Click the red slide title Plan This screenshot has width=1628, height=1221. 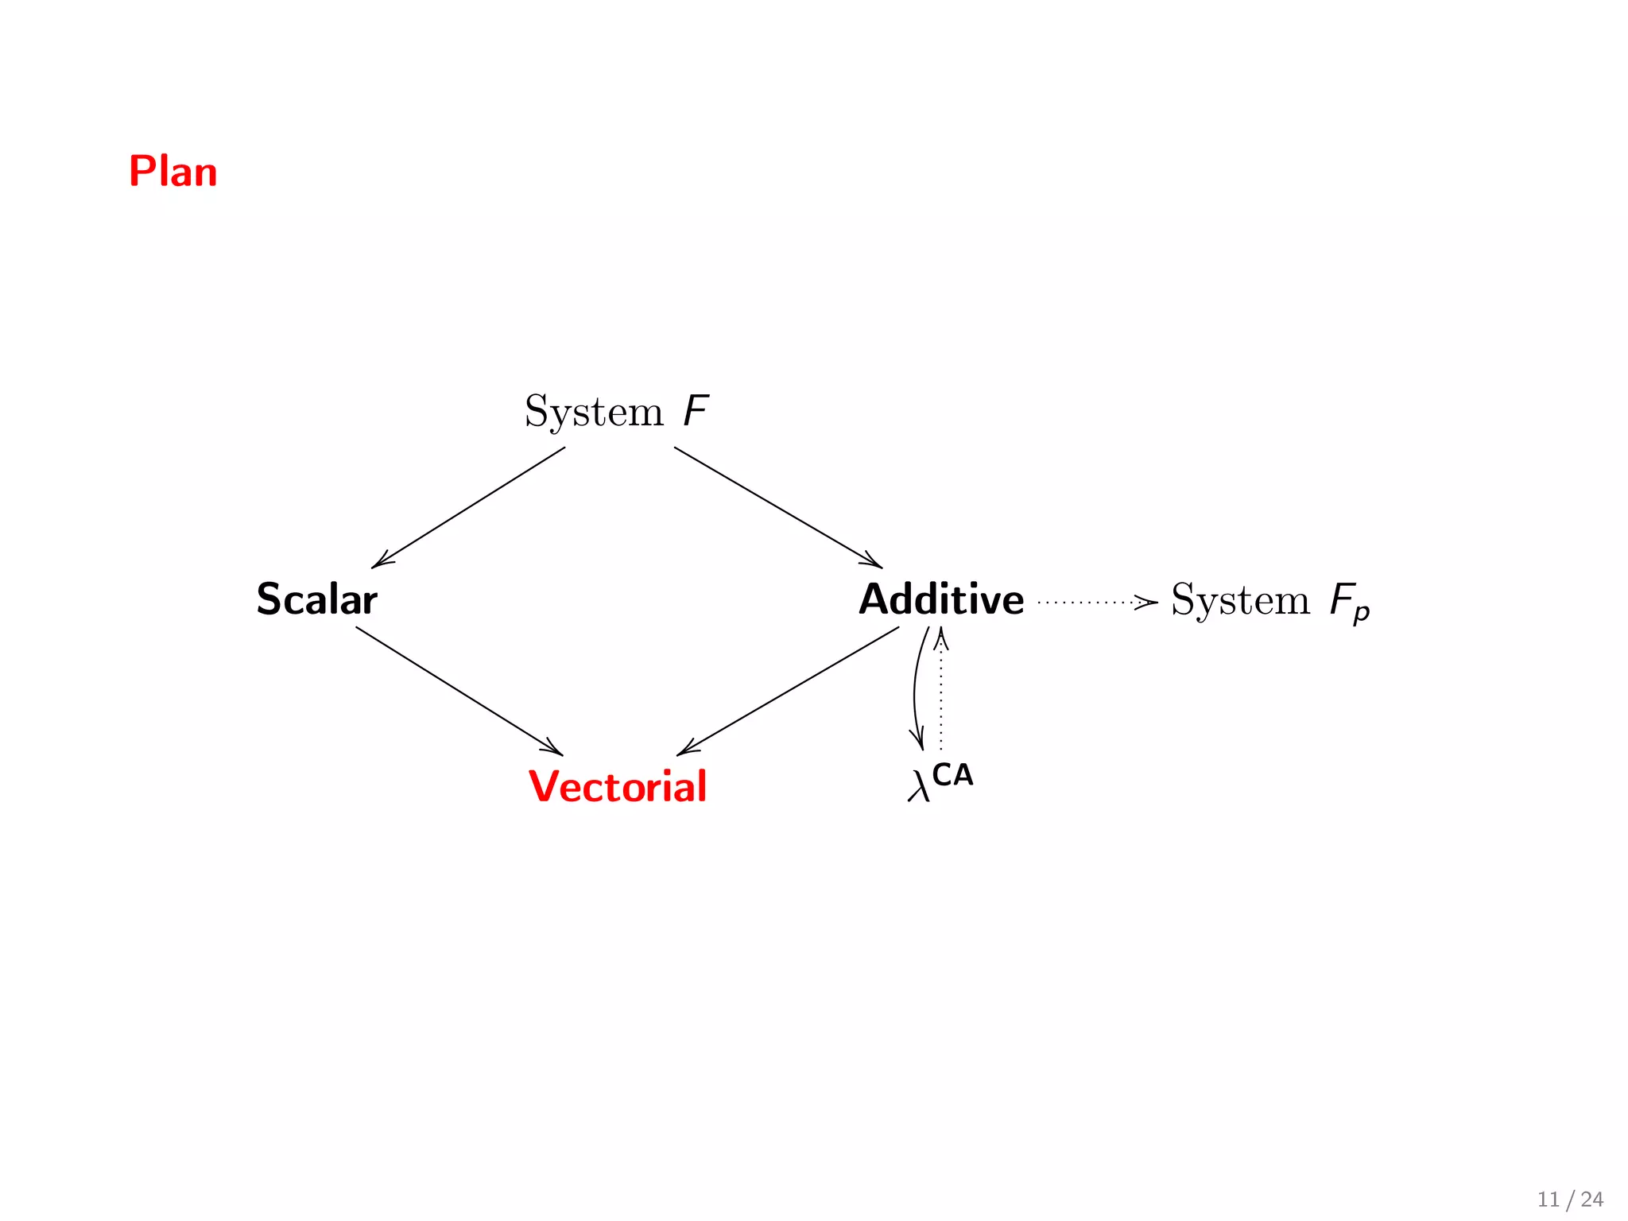(172, 172)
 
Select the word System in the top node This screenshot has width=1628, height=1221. (593, 412)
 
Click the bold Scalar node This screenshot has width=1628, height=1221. (316, 599)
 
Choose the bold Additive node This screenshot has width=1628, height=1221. (941, 599)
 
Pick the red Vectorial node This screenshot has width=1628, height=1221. (618, 786)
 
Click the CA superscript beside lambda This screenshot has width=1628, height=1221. (952, 774)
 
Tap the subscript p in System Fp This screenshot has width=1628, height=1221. (1362, 613)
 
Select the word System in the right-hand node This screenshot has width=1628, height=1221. (1240, 599)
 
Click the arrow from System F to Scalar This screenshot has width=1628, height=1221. (469, 507)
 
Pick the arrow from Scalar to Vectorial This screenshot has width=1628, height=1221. (459, 691)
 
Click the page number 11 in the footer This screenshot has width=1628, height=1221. (1549, 1200)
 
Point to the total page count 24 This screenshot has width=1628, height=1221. (1591, 1200)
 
